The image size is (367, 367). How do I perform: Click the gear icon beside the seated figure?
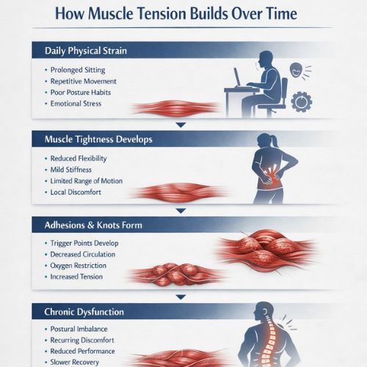point(301,101)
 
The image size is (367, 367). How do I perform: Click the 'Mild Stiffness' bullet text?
point(73,170)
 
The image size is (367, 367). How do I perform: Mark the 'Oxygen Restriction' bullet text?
point(81,265)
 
